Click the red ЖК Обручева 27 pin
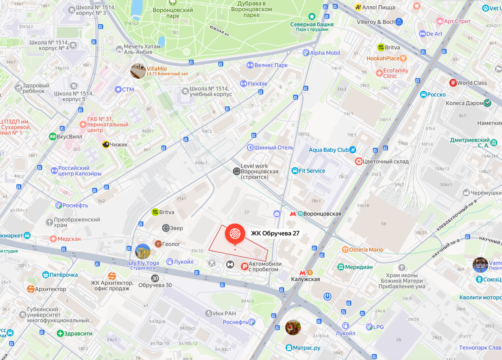point(235,234)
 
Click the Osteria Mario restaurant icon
point(345,249)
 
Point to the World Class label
point(472,83)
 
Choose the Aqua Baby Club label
point(328,150)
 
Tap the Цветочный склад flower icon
point(359,161)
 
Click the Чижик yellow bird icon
point(106,144)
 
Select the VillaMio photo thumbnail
point(138,71)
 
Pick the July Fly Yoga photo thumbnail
point(143,252)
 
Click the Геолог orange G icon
point(158,244)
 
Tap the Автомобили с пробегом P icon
point(244,266)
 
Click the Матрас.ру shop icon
point(289,347)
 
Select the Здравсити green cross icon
point(60,334)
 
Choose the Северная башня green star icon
point(312,16)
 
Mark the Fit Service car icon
point(295,171)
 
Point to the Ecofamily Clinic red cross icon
point(379,73)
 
